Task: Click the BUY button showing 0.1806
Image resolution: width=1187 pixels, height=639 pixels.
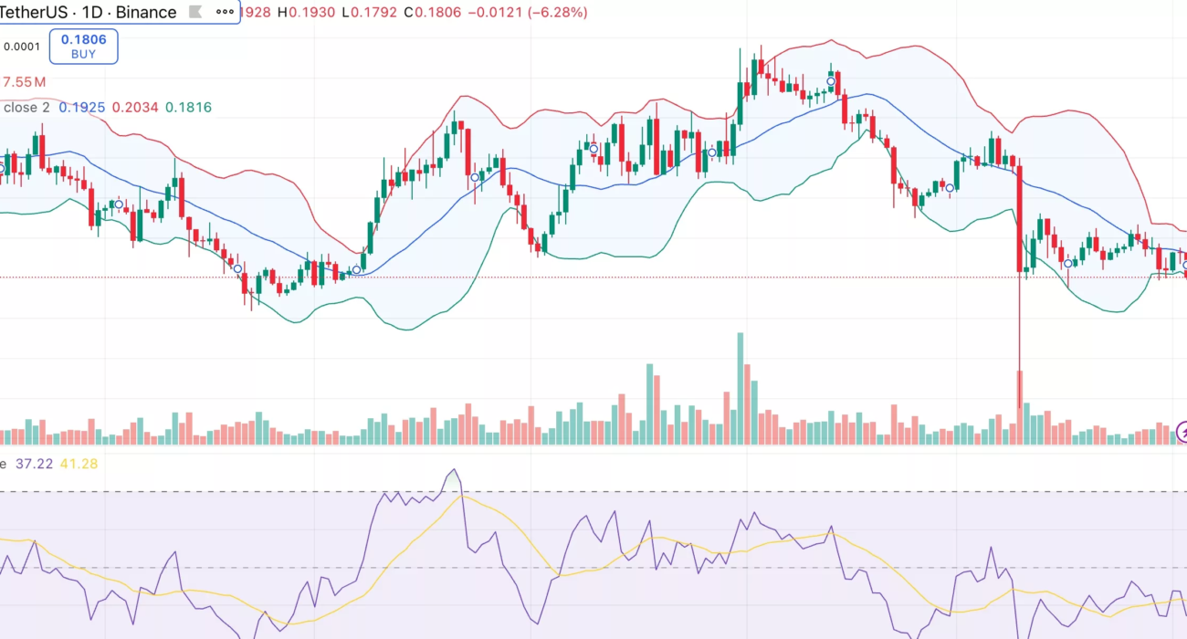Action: pos(83,47)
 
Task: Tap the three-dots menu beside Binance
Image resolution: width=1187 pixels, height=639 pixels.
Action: pos(225,12)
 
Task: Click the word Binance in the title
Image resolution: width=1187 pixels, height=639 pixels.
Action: pos(146,12)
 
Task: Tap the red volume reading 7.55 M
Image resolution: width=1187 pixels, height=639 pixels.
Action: pos(24,82)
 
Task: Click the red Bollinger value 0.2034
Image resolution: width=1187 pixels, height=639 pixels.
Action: pos(133,108)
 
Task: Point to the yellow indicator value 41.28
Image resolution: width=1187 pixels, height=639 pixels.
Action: pos(79,464)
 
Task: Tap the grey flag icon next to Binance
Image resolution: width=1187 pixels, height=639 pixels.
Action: pos(194,12)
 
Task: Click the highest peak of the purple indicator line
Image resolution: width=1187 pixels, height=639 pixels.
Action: pos(453,471)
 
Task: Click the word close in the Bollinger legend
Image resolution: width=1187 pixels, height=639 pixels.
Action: pos(21,108)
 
